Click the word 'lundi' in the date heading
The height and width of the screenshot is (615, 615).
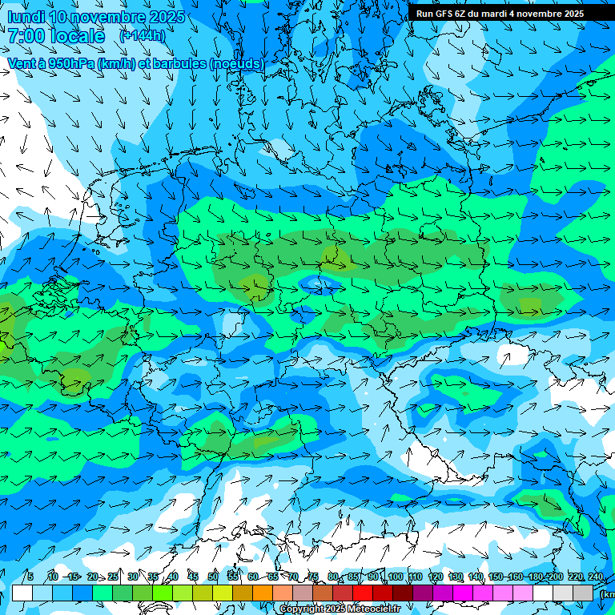pos(26,17)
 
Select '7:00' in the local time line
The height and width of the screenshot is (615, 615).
pos(26,36)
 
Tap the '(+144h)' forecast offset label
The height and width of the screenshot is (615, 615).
pos(143,36)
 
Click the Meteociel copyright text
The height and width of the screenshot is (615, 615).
pos(340,609)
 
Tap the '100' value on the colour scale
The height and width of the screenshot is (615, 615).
pos(395,577)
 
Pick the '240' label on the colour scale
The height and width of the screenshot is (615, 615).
pos(596,577)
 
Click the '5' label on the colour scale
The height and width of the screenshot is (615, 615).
pos(30,577)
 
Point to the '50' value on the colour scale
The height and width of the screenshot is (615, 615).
pos(213,577)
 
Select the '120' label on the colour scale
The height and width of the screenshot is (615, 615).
pos(436,577)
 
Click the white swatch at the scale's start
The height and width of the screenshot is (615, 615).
pos(22,593)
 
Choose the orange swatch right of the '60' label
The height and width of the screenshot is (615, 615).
pos(263,593)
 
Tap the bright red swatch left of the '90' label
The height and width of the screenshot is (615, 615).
pos(363,593)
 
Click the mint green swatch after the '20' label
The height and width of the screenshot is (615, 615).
pos(102,593)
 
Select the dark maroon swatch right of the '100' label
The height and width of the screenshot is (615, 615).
pos(404,593)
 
